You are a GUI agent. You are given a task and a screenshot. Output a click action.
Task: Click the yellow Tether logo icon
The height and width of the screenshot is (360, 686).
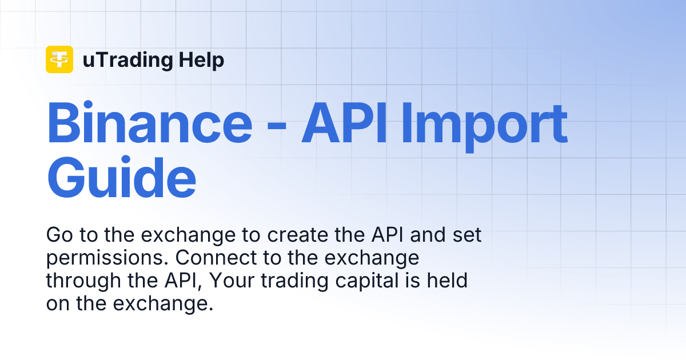59,59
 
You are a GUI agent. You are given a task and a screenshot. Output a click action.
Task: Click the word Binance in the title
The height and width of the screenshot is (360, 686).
149,123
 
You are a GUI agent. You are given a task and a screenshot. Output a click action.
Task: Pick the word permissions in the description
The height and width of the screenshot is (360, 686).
107,258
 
